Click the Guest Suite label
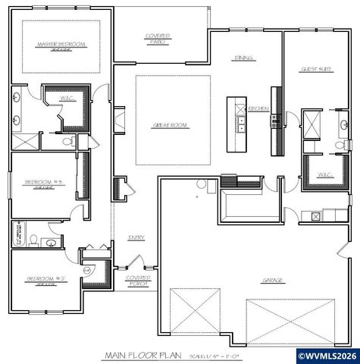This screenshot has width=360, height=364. click(316, 68)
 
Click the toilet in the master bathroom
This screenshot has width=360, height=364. click(67, 140)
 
